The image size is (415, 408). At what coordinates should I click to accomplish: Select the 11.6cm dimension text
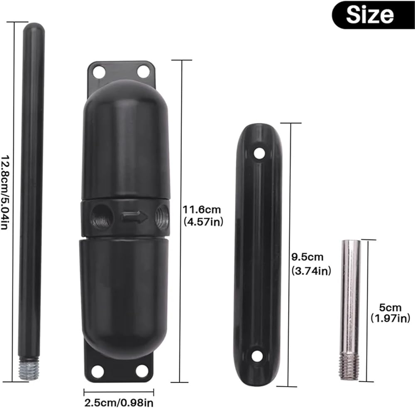pyautogui.click(x=202, y=209)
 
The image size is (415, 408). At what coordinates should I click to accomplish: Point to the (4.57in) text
pyautogui.click(x=203, y=221)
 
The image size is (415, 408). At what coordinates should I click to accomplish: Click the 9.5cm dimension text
pyautogui.click(x=307, y=257)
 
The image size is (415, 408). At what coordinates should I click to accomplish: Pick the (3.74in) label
pyautogui.click(x=311, y=271)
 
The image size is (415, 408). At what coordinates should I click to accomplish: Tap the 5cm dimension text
pyautogui.click(x=390, y=307)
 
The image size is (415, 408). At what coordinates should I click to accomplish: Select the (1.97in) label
pyautogui.click(x=391, y=318)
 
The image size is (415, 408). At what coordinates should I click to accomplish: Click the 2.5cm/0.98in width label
pyautogui.click(x=119, y=403)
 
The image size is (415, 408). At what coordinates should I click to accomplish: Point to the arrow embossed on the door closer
pyautogui.click(x=134, y=217)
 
